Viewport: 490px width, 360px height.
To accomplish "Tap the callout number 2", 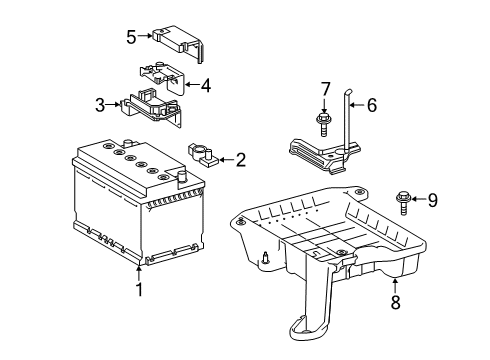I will (240, 158).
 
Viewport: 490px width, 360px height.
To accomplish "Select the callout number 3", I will (101, 103).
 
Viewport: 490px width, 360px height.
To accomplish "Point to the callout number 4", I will (205, 85).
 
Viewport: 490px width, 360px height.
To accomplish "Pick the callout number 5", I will (130, 38).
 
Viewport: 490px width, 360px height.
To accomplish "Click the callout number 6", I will (371, 104).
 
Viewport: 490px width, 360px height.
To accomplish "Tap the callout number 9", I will (432, 200).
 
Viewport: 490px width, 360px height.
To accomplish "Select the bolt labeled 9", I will (404, 200).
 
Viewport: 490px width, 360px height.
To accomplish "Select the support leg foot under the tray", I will (309, 326).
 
